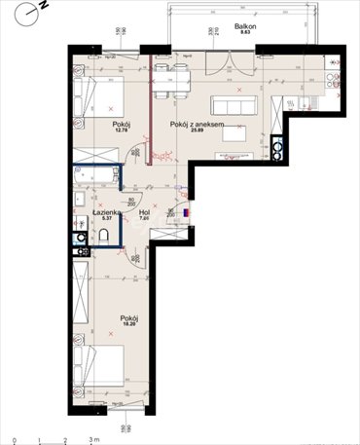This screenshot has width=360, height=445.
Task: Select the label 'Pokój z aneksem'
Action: [x=198, y=124]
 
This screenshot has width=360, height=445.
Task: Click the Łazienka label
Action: [x=106, y=211]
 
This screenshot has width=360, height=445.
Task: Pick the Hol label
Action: [x=143, y=211]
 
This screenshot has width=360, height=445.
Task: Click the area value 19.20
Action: [x=128, y=325]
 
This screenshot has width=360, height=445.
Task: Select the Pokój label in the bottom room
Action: [x=128, y=317]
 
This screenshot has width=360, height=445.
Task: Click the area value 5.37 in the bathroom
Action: [x=106, y=218]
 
